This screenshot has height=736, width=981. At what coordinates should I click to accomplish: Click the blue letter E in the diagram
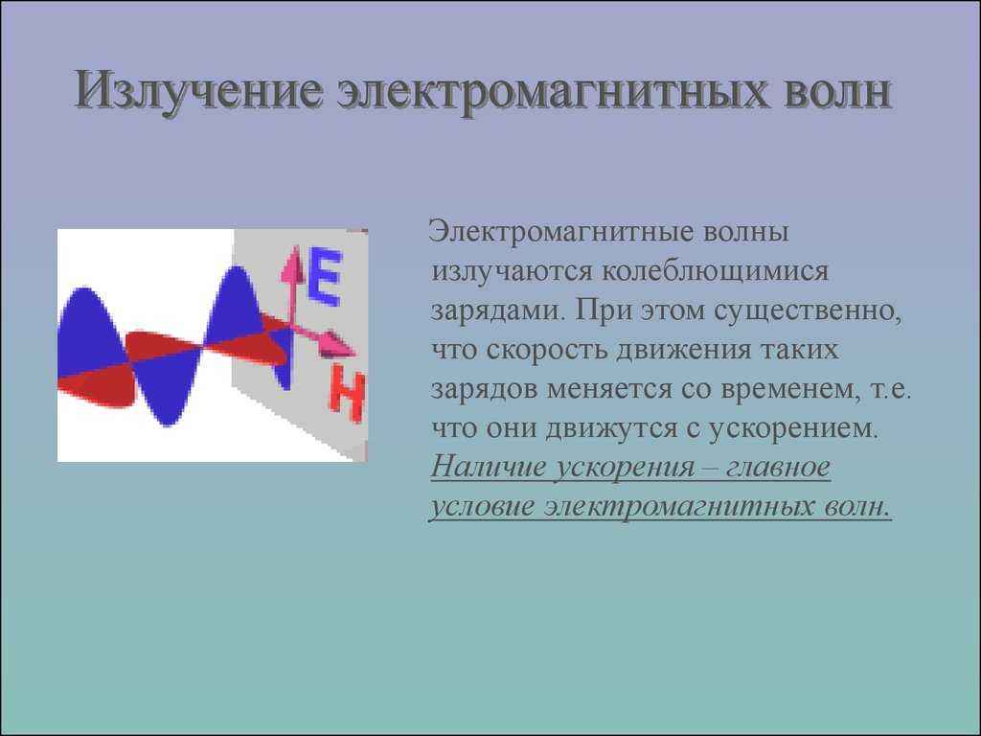325,276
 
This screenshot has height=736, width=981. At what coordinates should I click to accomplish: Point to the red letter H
346,392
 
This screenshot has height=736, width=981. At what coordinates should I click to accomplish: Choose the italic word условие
483,507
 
